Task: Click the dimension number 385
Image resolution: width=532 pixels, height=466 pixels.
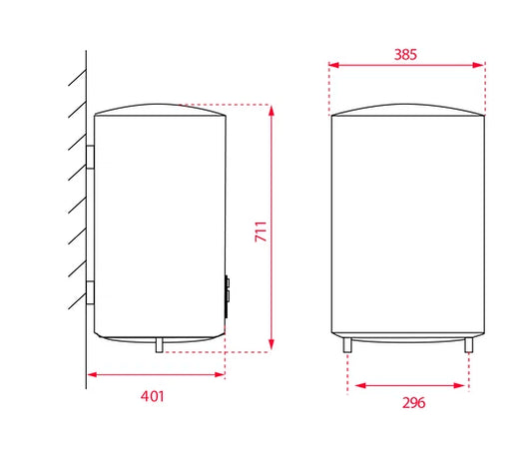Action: pos(405,55)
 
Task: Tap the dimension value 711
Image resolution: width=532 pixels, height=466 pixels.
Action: pos(261,232)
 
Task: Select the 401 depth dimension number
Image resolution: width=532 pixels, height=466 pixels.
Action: pos(153,396)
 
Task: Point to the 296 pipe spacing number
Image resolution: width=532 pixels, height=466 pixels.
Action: pos(413,403)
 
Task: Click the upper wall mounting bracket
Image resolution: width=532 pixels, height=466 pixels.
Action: pos(90,157)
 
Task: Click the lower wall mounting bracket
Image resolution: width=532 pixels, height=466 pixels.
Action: pos(90,292)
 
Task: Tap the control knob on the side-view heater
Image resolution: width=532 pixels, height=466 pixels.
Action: pos(227,296)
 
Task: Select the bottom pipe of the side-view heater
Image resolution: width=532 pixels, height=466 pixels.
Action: pos(159,345)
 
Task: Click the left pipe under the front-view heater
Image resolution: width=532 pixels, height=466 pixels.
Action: pos(347,345)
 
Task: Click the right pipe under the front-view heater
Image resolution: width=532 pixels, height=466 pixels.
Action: pos(469,345)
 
